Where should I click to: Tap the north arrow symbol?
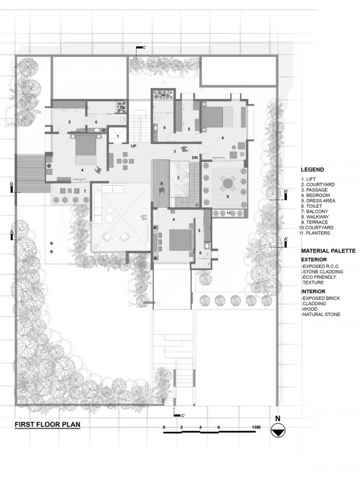tap(278, 433)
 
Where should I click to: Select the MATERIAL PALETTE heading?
tap(328, 250)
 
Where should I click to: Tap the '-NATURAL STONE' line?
tap(321, 314)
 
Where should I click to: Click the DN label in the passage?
tap(194, 157)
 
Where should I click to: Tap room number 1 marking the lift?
tap(118, 137)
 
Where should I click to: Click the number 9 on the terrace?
tap(227, 196)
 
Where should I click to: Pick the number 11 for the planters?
tap(229, 213)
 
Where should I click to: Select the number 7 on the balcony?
tap(85, 191)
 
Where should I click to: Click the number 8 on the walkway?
tap(161, 184)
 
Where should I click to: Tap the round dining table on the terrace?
tap(227, 183)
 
